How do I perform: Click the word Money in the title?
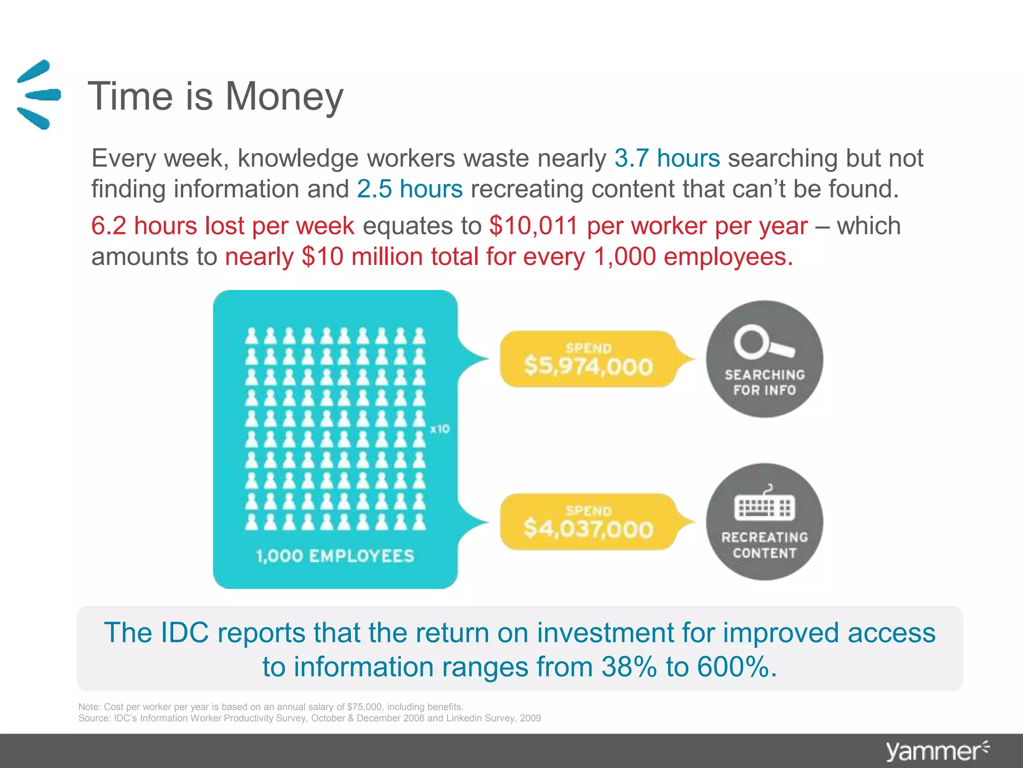pos(284,96)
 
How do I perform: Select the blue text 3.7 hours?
pos(667,158)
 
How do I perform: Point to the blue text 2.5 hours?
pos(410,189)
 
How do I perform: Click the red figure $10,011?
pos(533,226)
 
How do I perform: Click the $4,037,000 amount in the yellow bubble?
pos(588,529)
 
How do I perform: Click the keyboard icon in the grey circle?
pos(764,506)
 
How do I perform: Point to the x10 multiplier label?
pos(440,429)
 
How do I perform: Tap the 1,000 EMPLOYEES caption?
pos(335,556)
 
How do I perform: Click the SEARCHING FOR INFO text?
pos(764,382)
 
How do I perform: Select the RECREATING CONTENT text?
pos(764,545)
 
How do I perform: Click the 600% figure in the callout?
pos(736,667)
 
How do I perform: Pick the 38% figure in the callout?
pos(629,667)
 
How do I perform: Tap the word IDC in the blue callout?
pos(184,633)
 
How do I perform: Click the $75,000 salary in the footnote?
pos(365,707)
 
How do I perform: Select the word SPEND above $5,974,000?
pos(588,348)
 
